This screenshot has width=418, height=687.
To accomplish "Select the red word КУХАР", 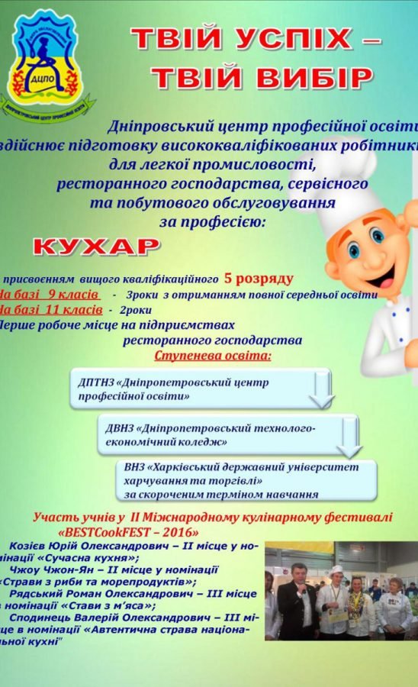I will pos(97,246).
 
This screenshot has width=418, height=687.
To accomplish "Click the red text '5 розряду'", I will pos(258,278).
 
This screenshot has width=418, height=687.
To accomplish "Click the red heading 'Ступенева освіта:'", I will pos(213,356).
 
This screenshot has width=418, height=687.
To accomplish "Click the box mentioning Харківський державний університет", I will pos(249,479).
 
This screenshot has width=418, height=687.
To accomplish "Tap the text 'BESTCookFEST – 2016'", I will pos(128,531).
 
